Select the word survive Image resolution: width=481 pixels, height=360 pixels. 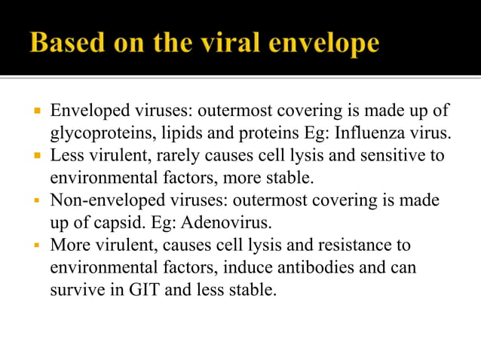point(75,290)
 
